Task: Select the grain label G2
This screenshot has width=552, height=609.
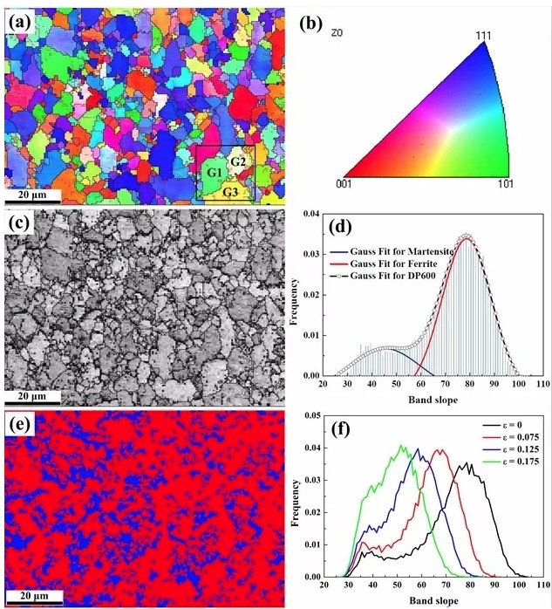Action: point(239,161)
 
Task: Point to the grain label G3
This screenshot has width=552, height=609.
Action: point(231,191)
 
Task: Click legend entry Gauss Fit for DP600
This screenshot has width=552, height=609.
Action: point(407,276)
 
